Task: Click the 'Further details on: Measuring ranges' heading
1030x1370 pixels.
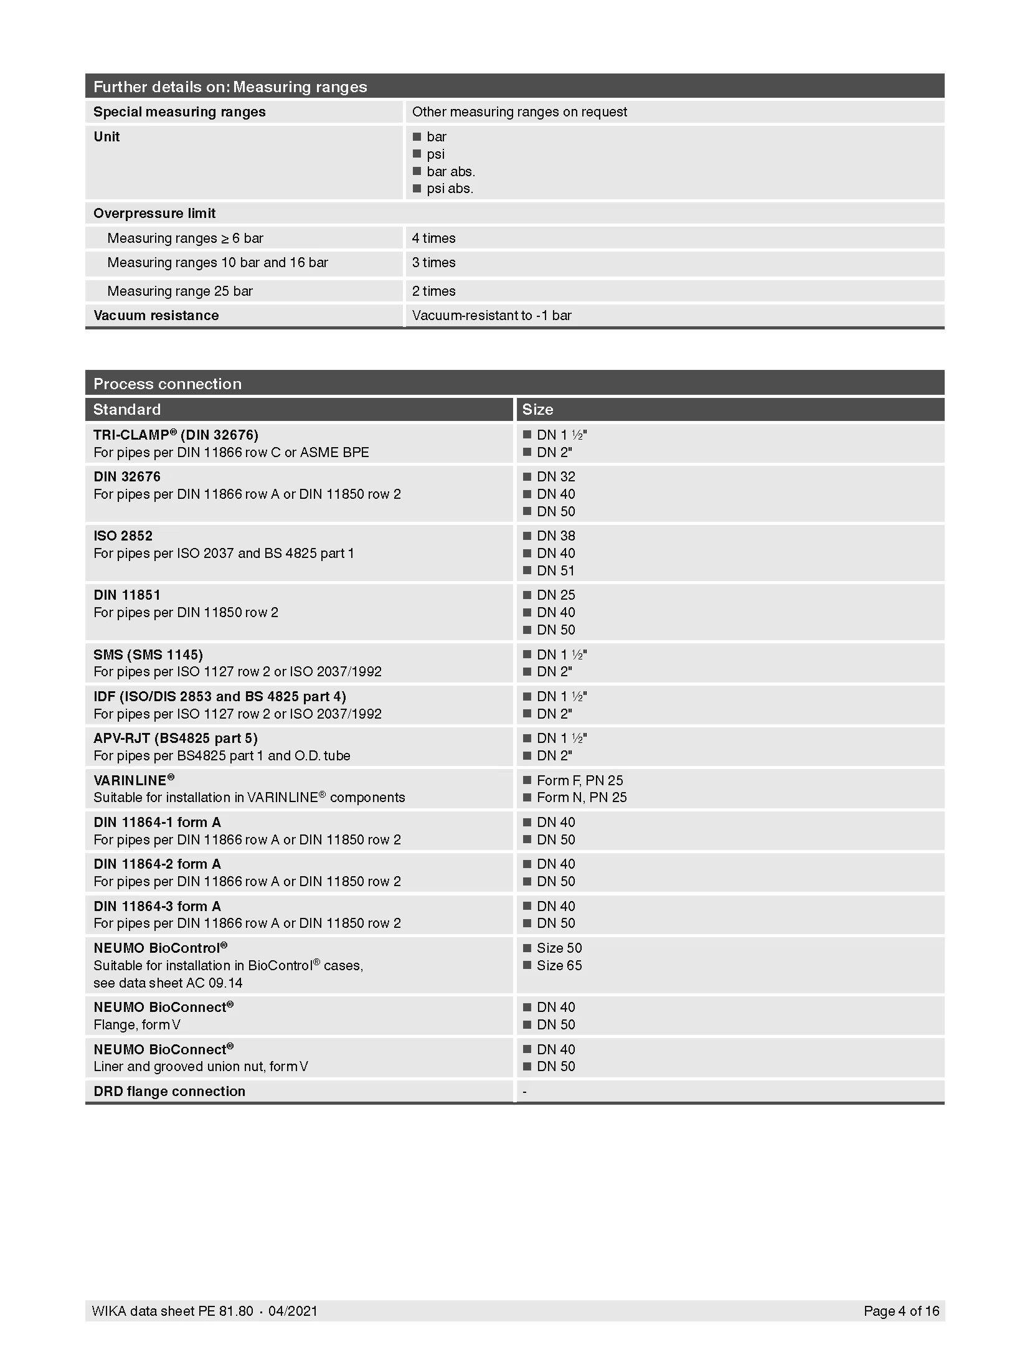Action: click(230, 87)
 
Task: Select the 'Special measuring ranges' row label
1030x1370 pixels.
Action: click(179, 112)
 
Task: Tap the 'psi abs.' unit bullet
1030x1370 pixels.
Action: click(449, 189)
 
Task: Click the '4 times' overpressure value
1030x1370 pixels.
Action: click(433, 238)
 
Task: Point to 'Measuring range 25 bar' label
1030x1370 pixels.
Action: click(180, 291)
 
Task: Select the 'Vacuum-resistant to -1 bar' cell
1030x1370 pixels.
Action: click(491, 316)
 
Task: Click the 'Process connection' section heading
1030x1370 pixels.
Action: click(168, 384)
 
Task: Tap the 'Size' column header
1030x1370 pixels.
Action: click(537, 410)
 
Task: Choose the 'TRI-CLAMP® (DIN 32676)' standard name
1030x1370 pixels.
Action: click(176, 435)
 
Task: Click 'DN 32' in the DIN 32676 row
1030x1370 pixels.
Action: click(555, 477)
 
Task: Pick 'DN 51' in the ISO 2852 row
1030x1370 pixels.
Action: click(555, 570)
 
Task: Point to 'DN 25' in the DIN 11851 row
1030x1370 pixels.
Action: click(555, 595)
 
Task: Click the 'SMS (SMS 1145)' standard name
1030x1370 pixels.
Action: click(148, 654)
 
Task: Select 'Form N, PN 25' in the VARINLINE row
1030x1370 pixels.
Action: click(581, 798)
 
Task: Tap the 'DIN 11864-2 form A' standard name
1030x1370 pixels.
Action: click(157, 864)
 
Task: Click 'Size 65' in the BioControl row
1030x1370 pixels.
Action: click(559, 966)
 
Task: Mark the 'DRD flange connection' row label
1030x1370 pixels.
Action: click(169, 1092)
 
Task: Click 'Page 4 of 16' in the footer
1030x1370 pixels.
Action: click(901, 1311)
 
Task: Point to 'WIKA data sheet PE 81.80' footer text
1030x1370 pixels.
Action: click(172, 1311)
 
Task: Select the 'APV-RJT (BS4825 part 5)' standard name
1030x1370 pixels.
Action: click(176, 739)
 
